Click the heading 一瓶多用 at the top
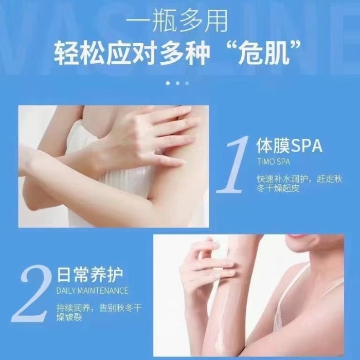[x=177, y=21]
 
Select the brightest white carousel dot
[x=168, y=83]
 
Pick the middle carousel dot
[x=177, y=83]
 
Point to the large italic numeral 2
[x=31, y=293]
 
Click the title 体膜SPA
[x=289, y=146]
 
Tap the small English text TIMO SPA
[x=274, y=161]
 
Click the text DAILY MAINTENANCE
[x=92, y=291]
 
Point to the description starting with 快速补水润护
[x=299, y=184]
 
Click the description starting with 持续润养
[x=99, y=312]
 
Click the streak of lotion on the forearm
[x=221, y=317]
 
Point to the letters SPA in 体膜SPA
[x=307, y=146]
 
